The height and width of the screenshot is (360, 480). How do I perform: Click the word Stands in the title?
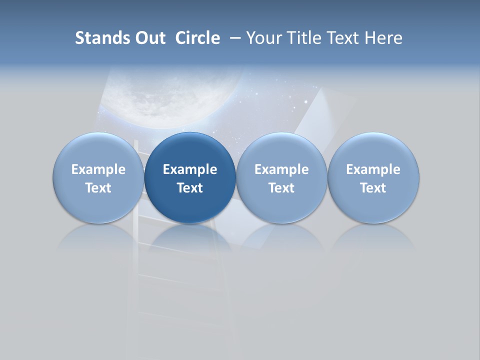pyautogui.click(x=101, y=38)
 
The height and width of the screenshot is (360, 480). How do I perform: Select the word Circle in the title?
pyautogui.click(x=197, y=38)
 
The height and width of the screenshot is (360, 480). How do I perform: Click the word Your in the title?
pyautogui.click(x=262, y=38)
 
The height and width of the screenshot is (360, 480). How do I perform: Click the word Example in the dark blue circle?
pyautogui.click(x=190, y=169)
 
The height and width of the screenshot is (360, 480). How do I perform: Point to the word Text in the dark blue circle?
pyautogui.click(x=190, y=188)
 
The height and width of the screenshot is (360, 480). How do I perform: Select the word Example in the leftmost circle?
pyautogui.click(x=98, y=169)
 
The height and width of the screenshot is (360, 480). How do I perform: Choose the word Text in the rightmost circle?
pyautogui.click(x=373, y=188)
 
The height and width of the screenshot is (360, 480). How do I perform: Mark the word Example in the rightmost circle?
pyautogui.click(x=373, y=169)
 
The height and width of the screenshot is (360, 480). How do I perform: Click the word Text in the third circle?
pyautogui.click(x=281, y=188)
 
